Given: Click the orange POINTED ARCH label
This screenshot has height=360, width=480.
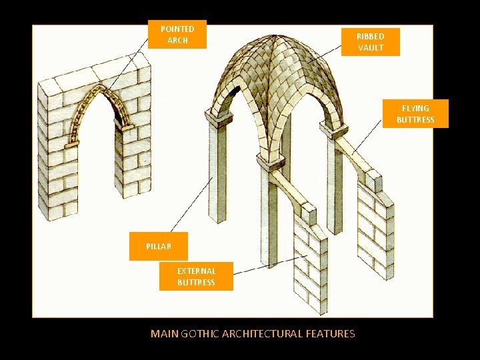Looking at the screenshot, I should (x=177, y=35).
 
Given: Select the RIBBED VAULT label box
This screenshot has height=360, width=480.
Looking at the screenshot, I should (x=370, y=41).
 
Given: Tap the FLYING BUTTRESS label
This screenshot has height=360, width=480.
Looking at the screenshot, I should (x=415, y=113).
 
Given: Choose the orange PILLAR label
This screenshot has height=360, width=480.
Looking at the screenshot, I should (x=159, y=246).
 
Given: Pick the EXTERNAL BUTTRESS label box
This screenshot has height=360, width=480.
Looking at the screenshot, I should (x=196, y=277).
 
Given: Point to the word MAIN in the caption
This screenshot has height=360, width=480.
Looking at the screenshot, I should (x=165, y=333).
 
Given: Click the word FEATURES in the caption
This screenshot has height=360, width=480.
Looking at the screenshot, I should (x=330, y=333).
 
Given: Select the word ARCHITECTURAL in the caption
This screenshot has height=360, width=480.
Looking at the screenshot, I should (x=265, y=333).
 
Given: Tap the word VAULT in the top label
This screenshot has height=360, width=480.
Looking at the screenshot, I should (x=371, y=47).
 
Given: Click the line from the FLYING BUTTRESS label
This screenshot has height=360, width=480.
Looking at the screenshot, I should (x=367, y=141).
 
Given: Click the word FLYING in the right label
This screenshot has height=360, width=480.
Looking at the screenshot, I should (x=415, y=108).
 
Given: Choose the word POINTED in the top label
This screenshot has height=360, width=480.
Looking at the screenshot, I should (x=177, y=29).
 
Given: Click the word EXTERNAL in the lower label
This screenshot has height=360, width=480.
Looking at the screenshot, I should (x=196, y=271).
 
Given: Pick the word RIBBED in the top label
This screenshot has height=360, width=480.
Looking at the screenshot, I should (x=370, y=36).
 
